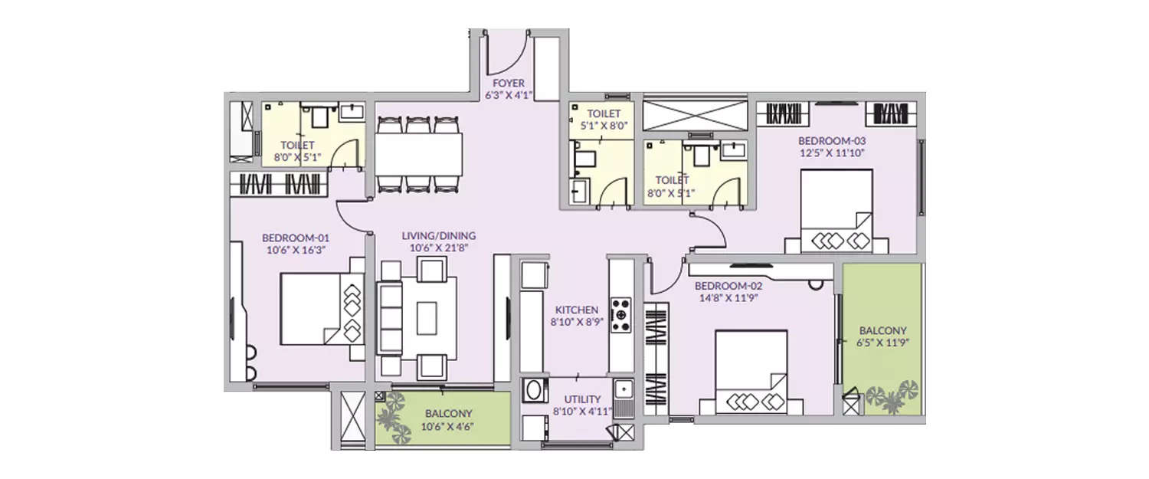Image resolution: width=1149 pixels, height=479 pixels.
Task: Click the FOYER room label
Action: tap(509, 83)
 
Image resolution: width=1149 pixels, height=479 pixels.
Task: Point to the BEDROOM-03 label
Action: tap(827, 141)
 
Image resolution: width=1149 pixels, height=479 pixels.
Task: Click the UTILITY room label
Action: tap(582, 399)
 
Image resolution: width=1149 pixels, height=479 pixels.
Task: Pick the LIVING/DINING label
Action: tap(439, 235)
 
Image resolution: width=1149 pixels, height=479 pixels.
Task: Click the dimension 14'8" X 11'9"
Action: tap(728, 297)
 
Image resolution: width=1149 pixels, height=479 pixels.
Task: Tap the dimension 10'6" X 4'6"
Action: tap(448, 427)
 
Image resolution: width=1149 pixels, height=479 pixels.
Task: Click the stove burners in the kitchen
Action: tap(621, 315)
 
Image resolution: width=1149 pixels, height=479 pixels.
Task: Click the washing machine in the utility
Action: tap(532, 392)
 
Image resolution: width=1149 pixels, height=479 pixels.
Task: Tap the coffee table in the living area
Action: tap(426, 317)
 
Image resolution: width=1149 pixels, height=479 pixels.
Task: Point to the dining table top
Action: tap(418, 155)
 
